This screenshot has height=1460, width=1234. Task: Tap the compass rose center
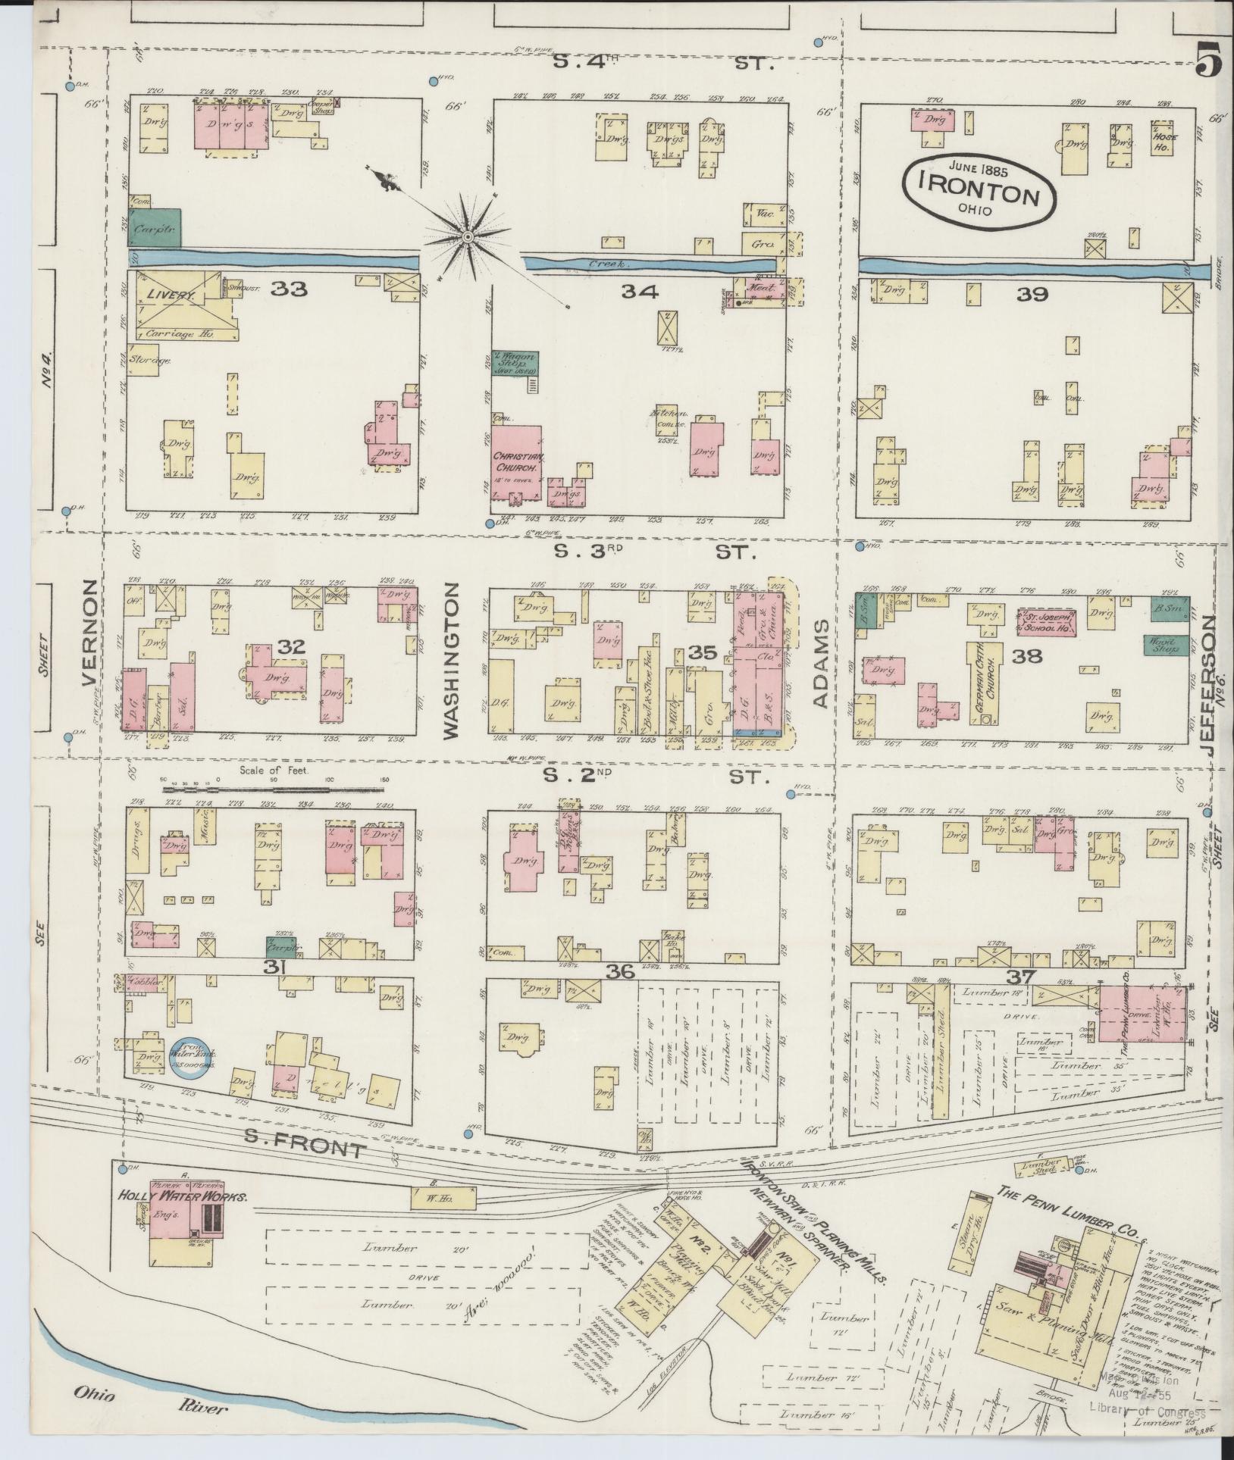[468, 238]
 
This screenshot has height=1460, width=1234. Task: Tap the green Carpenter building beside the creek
[155, 227]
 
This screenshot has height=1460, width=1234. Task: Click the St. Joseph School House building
[1046, 622]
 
